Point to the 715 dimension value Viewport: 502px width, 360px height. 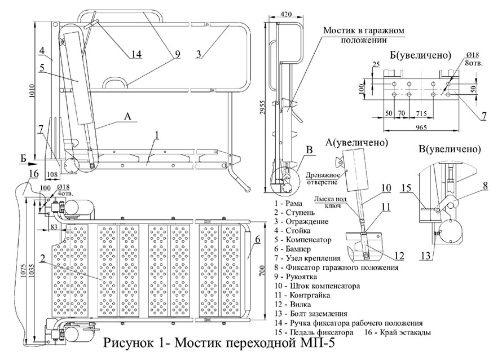[421, 113]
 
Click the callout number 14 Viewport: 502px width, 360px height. [136, 54]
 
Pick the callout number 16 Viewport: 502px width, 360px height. [33, 174]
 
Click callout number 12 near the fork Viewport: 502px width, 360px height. [399, 255]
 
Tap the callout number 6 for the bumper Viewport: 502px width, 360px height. [258, 239]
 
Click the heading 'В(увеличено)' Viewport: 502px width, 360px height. [450, 149]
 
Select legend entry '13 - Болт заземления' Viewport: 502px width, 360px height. [310, 314]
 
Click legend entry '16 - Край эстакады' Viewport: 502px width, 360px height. [397, 332]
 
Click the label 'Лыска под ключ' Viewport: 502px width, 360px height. [331, 202]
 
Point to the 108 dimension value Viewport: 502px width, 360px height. [52, 174]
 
